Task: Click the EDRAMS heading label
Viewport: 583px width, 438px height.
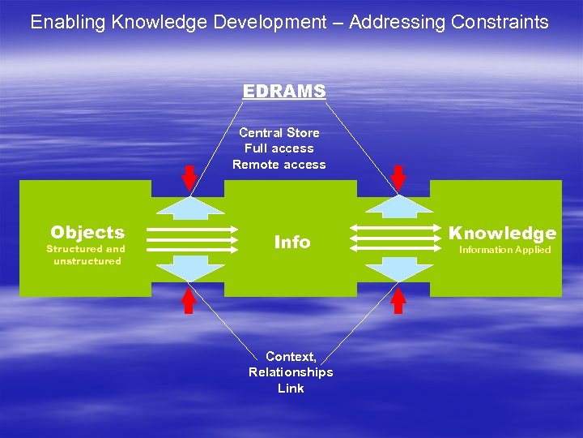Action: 284,92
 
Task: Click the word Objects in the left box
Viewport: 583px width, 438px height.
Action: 87,233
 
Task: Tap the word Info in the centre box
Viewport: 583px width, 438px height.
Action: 292,242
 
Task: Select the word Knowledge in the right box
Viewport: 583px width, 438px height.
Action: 503,234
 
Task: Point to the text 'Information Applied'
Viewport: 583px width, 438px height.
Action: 504,250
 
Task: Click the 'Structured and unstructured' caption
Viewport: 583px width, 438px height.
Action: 87,255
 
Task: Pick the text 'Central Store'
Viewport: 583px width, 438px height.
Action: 279,132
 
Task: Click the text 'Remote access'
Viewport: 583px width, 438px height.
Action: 279,165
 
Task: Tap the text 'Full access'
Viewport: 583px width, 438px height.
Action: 279,148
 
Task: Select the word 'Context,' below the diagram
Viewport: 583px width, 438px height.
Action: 291,356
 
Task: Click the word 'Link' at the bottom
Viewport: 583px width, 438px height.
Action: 291,389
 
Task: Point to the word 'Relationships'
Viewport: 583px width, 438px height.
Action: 291,372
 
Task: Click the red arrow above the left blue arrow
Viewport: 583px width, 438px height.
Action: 188,178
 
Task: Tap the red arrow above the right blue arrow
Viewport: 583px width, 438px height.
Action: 398,178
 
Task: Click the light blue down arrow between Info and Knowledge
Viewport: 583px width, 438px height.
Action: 397,268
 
